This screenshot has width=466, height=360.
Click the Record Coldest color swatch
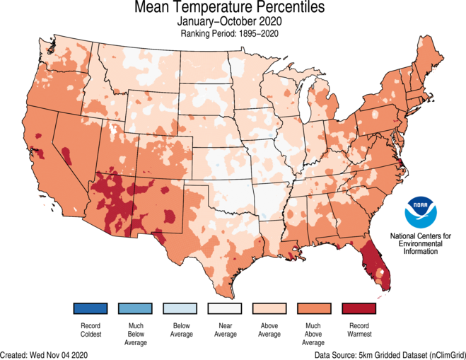(x=89, y=308)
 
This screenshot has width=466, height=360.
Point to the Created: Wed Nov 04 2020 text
(x=45, y=354)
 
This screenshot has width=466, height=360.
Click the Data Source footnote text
(x=388, y=354)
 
